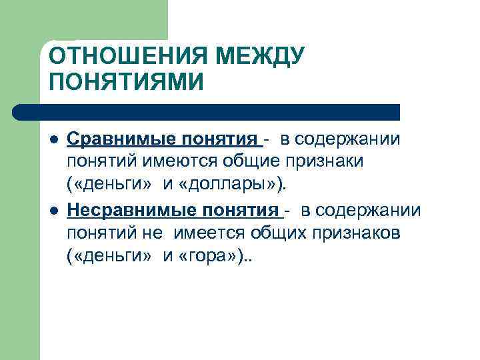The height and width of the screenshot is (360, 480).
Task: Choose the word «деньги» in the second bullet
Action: pyautogui.click(x=111, y=257)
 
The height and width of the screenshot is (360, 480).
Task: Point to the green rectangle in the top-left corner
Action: pyautogui.click(x=20, y=20)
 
